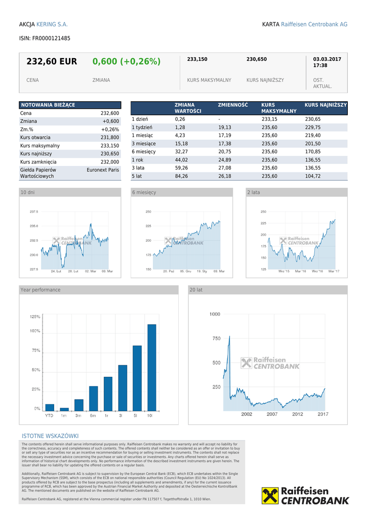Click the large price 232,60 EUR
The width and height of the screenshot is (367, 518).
tap(52, 62)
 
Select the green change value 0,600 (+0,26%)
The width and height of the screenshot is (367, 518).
tap(126, 62)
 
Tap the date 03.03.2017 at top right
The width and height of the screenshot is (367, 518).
tap(327, 59)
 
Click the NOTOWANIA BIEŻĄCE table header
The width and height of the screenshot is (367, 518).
tap(48, 105)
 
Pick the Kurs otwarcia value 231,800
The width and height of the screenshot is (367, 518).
tap(110, 138)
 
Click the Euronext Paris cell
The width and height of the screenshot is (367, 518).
tap(103, 170)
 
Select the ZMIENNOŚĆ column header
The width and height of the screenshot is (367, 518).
tap(233, 105)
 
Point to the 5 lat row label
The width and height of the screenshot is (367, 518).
tap(137, 176)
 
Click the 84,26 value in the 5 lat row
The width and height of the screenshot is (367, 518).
tap(181, 176)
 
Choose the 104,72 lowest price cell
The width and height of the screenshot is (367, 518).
tap(312, 176)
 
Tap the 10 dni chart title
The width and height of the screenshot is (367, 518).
tap(28, 192)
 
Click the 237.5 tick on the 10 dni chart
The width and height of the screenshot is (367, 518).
tap(34, 212)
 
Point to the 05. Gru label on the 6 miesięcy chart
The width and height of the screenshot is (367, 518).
tap(185, 272)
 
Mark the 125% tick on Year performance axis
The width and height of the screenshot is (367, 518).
tap(35, 317)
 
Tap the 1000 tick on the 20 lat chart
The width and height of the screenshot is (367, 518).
tap(215, 314)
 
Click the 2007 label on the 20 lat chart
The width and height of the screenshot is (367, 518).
tap(272, 414)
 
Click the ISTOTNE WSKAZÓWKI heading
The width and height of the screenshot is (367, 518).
tap(50, 436)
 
